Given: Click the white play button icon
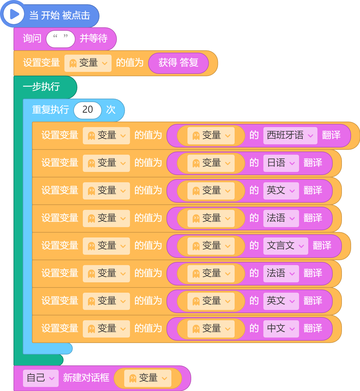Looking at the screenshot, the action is point(14,14).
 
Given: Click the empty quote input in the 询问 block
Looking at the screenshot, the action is point(60,39).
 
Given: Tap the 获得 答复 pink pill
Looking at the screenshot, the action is point(178,63).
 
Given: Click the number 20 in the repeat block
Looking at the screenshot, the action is point(88,110).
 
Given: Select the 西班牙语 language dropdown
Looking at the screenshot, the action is point(290,135).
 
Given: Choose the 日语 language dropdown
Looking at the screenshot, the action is point(281,163).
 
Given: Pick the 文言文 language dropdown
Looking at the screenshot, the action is point(286,246).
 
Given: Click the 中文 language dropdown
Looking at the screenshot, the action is point(281,329).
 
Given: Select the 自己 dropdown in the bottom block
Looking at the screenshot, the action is point(41,378).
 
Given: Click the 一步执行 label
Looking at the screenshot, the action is point(41,87).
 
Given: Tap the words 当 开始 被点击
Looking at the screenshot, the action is point(60,16).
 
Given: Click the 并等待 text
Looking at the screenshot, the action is point(94,38).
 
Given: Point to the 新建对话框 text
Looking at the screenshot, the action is point(86,377).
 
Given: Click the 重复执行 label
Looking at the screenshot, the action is point(51,110).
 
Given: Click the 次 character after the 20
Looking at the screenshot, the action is point(111,110).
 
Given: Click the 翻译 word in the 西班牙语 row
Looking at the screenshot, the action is point(331,135).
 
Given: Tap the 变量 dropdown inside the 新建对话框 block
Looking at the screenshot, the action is point(148,378).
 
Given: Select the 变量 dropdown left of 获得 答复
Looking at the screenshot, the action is point(88,63).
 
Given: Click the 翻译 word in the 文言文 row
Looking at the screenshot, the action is point(322,245).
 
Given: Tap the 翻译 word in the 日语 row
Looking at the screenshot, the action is point(313,162).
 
